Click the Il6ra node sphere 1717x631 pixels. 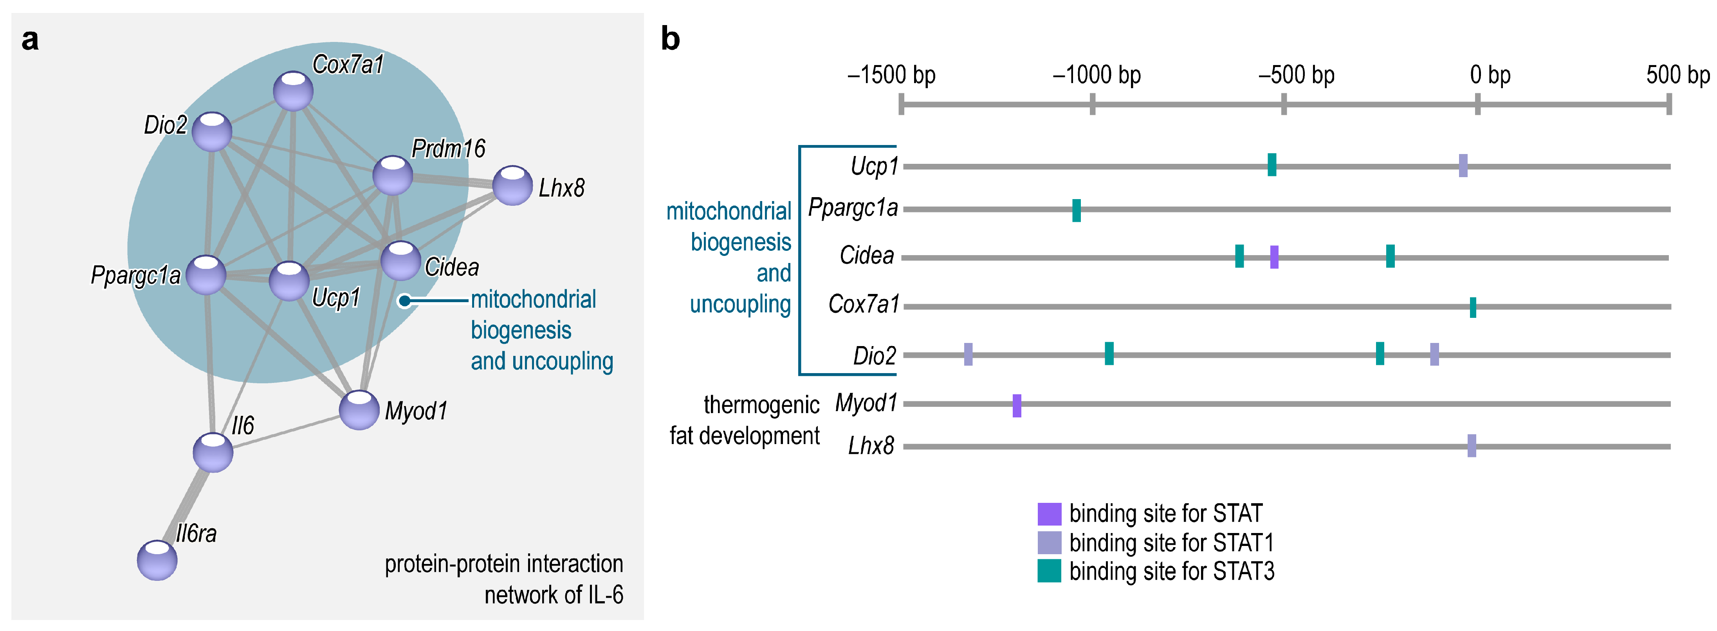pos(157,560)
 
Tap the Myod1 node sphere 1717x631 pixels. pos(359,410)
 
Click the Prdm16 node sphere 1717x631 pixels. pos(393,176)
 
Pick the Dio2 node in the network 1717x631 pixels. pos(212,131)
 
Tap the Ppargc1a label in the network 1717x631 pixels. pos(135,275)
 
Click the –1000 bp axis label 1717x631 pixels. pos(1097,75)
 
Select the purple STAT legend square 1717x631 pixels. pos(1049,513)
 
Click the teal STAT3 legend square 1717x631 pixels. pos(1049,571)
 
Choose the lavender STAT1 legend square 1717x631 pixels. pos(1049,542)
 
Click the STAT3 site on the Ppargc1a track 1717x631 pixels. pos(1077,210)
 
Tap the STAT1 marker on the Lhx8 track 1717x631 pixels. pos(1472,446)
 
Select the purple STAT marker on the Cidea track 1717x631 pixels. pos(1274,257)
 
